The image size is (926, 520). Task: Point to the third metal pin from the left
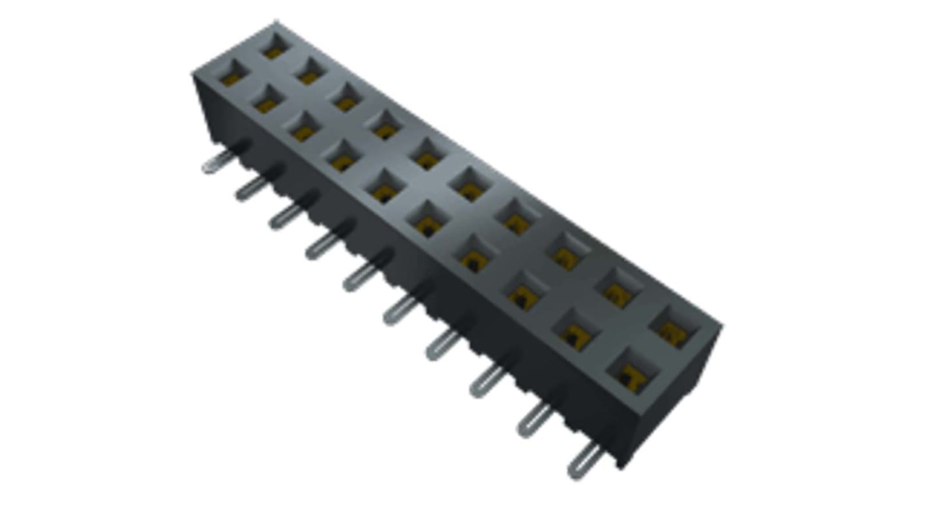(x=287, y=214)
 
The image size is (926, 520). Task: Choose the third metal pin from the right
(x=486, y=381)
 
